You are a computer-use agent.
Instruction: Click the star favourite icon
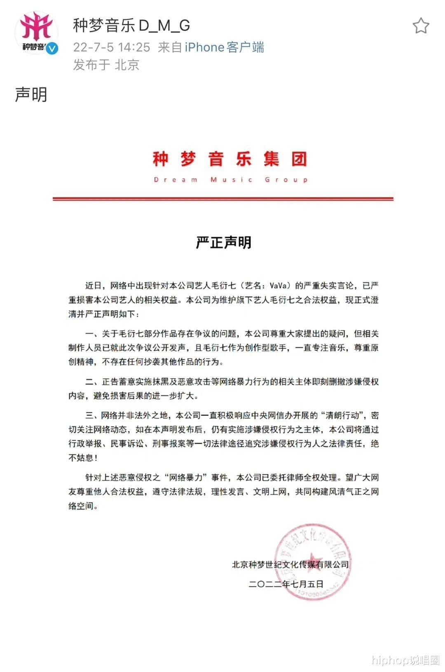421,26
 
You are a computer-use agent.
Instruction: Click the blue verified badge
52,49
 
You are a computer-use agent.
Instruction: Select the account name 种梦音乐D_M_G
131,26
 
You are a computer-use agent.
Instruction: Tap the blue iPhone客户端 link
224,47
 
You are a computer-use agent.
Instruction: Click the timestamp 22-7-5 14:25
112,47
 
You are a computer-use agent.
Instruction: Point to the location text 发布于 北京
106,65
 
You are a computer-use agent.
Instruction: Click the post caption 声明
31,94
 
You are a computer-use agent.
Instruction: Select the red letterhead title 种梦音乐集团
230,159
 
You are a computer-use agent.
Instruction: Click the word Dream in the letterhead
176,180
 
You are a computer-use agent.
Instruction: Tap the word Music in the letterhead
231,180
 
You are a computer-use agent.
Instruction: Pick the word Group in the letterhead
286,180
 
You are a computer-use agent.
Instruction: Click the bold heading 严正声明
223,242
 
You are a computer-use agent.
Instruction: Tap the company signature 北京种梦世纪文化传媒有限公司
290,565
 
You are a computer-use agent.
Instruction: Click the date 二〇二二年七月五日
286,584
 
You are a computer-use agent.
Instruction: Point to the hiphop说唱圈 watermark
405,660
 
